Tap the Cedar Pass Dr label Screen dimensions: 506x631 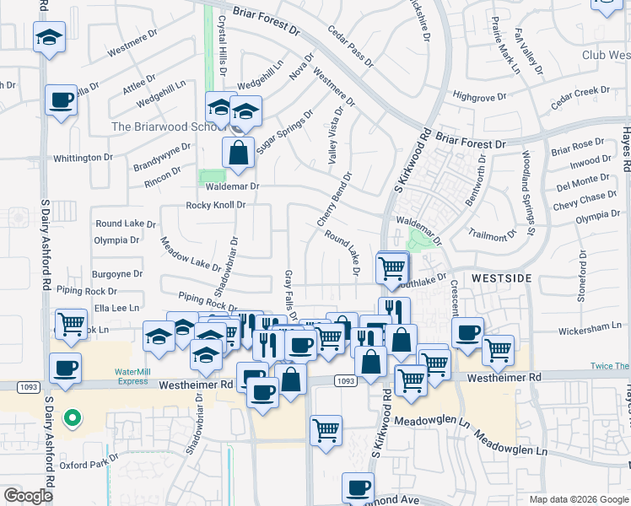point(352,46)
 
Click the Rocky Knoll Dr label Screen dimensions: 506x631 point(216,205)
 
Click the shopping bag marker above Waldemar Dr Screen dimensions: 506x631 point(239,153)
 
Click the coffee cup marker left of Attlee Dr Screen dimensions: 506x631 point(62,100)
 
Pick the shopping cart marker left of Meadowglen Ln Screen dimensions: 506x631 point(326,430)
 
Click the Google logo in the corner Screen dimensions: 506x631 point(29,496)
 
